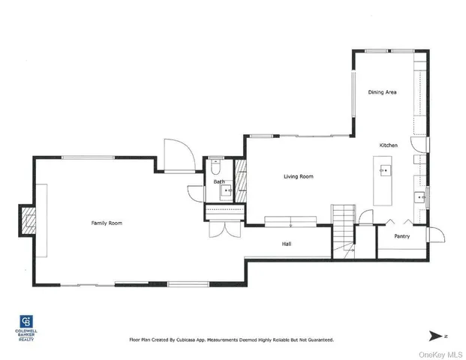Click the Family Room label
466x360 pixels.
(x=107, y=223)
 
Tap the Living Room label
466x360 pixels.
(x=298, y=177)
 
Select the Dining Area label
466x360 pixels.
(x=382, y=92)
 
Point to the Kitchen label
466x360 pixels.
(x=388, y=145)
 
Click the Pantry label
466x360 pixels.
(x=402, y=236)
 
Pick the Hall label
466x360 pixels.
(x=287, y=244)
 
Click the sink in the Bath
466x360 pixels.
(x=224, y=192)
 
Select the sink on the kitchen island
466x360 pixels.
(x=385, y=170)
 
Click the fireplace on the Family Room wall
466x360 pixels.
(x=28, y=222)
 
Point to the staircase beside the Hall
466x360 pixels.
(x=344, y=221)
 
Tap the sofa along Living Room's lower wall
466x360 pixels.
(x=291, y=221)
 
